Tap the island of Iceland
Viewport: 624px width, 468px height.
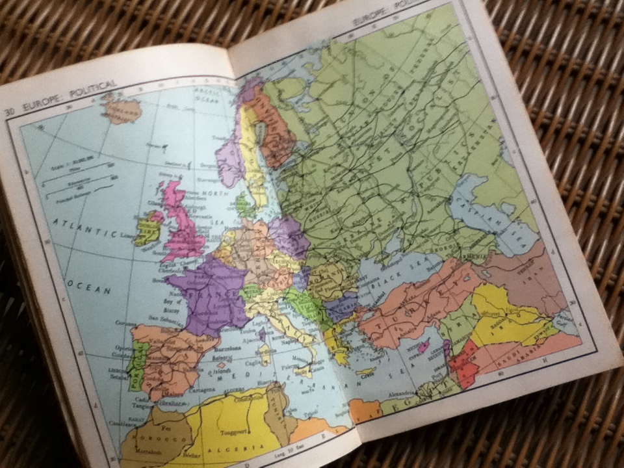tap(122, 109)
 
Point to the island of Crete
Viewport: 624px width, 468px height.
tap(365, 371)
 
